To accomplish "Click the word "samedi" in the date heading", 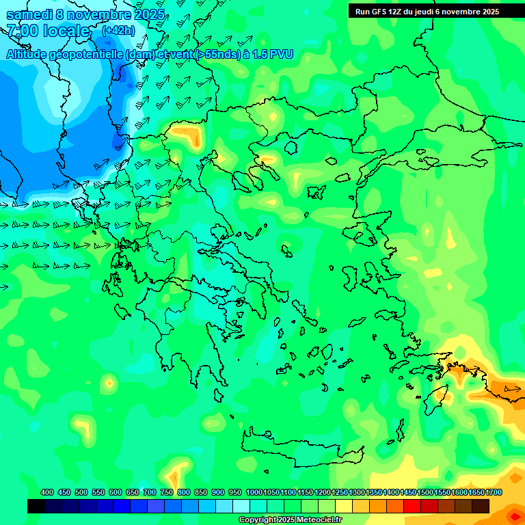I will (30, 14).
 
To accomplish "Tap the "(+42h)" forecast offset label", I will (118, 31).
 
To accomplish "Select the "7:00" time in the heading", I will (22, 31).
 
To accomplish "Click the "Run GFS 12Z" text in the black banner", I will (379, 12).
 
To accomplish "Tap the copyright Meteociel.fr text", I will (290, 520).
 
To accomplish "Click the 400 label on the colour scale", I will (47, 492).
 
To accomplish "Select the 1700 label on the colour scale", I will (494, 492).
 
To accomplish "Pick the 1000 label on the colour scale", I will (254, 492).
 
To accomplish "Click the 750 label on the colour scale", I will (166, 492).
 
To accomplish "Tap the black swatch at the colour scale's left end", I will (36, 506).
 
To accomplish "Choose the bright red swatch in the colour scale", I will (412, 506).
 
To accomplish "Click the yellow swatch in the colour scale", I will (344, 506).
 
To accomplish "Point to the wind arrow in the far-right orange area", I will (511, 389).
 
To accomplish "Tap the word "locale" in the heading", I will (66, 31).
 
